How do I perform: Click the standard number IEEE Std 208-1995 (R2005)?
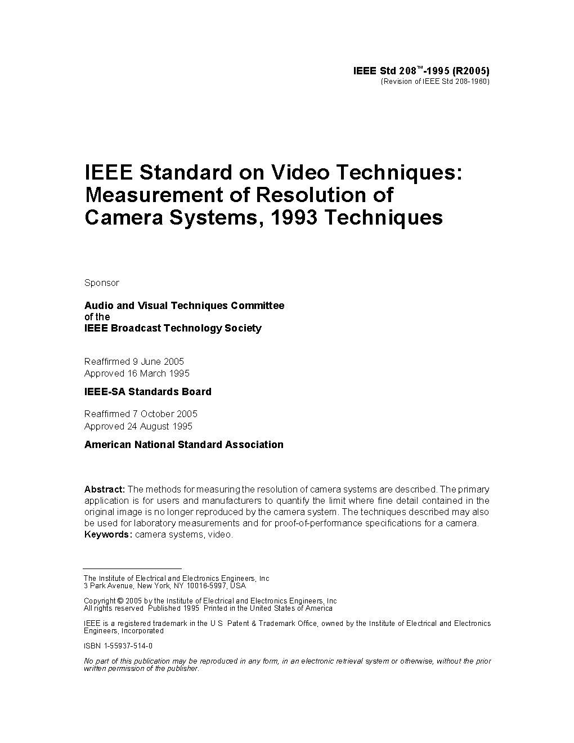[x=421, y=71]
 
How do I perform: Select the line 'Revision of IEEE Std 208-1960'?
[x=436, y=82]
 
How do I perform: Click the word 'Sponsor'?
[x=102, y=283]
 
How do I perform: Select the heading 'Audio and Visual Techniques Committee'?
[x=184, y=306]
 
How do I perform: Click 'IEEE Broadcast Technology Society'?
[x=173, y=328]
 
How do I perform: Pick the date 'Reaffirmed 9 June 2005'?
[x=134, y=361]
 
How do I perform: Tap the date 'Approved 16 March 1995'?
[x=137, y=373]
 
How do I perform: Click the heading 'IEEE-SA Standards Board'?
[x=147, y=392]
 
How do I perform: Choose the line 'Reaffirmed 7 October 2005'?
[x=141, y=414]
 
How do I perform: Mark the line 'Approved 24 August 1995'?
[x=138, y=426]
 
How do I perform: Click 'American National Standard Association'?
[x=183, y=445]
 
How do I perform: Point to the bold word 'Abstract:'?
[x=105, y=489]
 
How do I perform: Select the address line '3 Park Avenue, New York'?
[x=164, y=585]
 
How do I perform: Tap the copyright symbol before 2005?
[x=119, y=601]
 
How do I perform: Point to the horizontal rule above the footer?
[x=132, y=569]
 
